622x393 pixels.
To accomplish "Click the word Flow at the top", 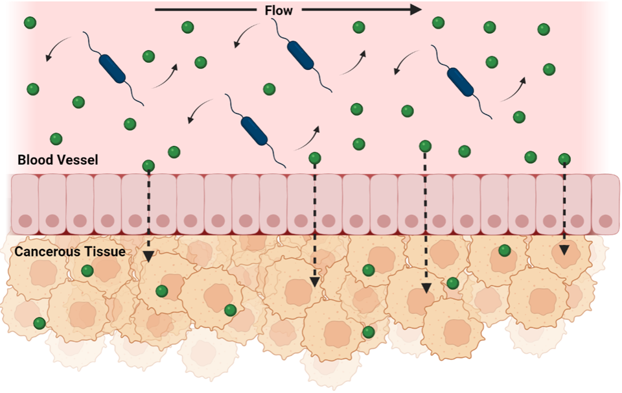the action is point(279,10).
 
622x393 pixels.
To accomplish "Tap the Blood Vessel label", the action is point(58,160).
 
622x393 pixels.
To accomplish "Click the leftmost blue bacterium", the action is point(113,68).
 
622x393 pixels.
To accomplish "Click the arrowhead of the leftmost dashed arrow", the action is point(148,256).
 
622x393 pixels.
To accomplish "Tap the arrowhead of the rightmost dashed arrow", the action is point(564,250).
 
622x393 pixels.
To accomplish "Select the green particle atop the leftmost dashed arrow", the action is point(148,165).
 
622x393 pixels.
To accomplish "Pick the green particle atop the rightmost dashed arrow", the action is point(564,159).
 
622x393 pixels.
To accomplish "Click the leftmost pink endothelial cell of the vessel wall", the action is point(25,202).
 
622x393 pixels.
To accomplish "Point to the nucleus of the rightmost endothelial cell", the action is point(606,220).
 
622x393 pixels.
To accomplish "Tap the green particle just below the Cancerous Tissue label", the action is point(87,270).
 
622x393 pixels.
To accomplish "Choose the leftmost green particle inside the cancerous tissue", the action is point(40,322).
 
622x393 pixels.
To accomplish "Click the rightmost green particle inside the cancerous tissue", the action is point(504,250).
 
